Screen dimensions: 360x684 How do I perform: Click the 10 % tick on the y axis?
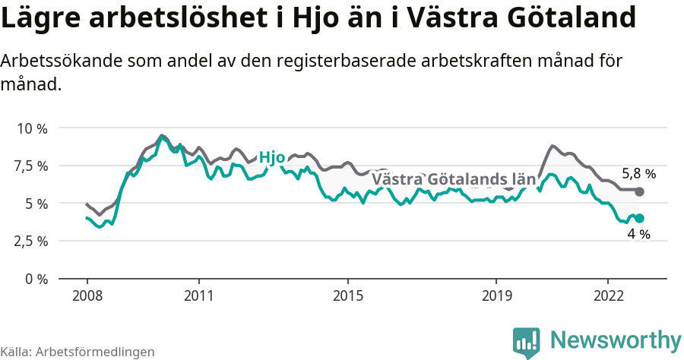coord(32,128)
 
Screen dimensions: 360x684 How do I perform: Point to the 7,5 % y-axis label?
coord(32,166)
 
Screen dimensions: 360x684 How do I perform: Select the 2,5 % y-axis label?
coord(32,241)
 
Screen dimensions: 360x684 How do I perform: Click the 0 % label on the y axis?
coord(36,279)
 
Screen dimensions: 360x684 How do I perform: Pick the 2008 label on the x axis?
coord(87,295)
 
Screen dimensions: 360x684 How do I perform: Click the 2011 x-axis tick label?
coord(198,295)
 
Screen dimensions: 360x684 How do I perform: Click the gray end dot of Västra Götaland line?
coord(640,191)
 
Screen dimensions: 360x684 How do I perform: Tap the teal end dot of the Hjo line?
coord(640,219)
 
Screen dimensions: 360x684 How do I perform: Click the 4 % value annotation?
coord(638,235)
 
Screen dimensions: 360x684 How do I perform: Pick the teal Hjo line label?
coord(272,158)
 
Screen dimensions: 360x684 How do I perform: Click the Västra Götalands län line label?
coord(454,180)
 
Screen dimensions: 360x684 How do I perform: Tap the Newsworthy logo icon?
coord(527,343)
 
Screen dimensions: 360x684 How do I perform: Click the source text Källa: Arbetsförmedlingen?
coord(78,352)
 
